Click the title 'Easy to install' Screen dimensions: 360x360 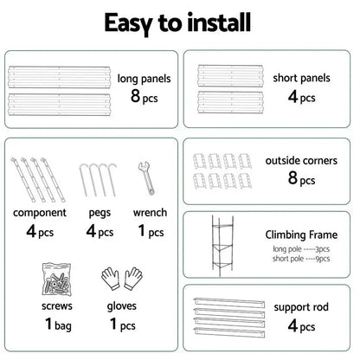pos(179,22)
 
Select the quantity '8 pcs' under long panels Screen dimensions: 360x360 pos(145,98)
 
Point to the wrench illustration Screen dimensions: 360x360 pos(144,177)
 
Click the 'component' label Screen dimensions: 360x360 pos(42,213)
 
